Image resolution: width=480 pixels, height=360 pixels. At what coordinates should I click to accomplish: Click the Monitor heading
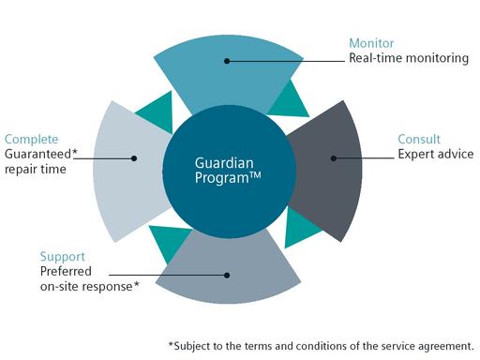371,42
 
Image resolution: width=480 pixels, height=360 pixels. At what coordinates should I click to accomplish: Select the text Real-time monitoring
408,58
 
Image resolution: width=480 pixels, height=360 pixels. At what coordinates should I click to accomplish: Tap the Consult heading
419,137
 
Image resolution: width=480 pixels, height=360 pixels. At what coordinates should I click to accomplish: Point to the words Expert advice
435,153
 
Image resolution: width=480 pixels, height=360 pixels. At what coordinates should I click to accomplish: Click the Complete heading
30,138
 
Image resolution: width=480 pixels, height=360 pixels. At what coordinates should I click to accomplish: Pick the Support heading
62,255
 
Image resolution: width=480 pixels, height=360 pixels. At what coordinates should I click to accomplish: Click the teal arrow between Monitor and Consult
292,96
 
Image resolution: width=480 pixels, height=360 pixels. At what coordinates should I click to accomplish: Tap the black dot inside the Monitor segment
227,61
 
